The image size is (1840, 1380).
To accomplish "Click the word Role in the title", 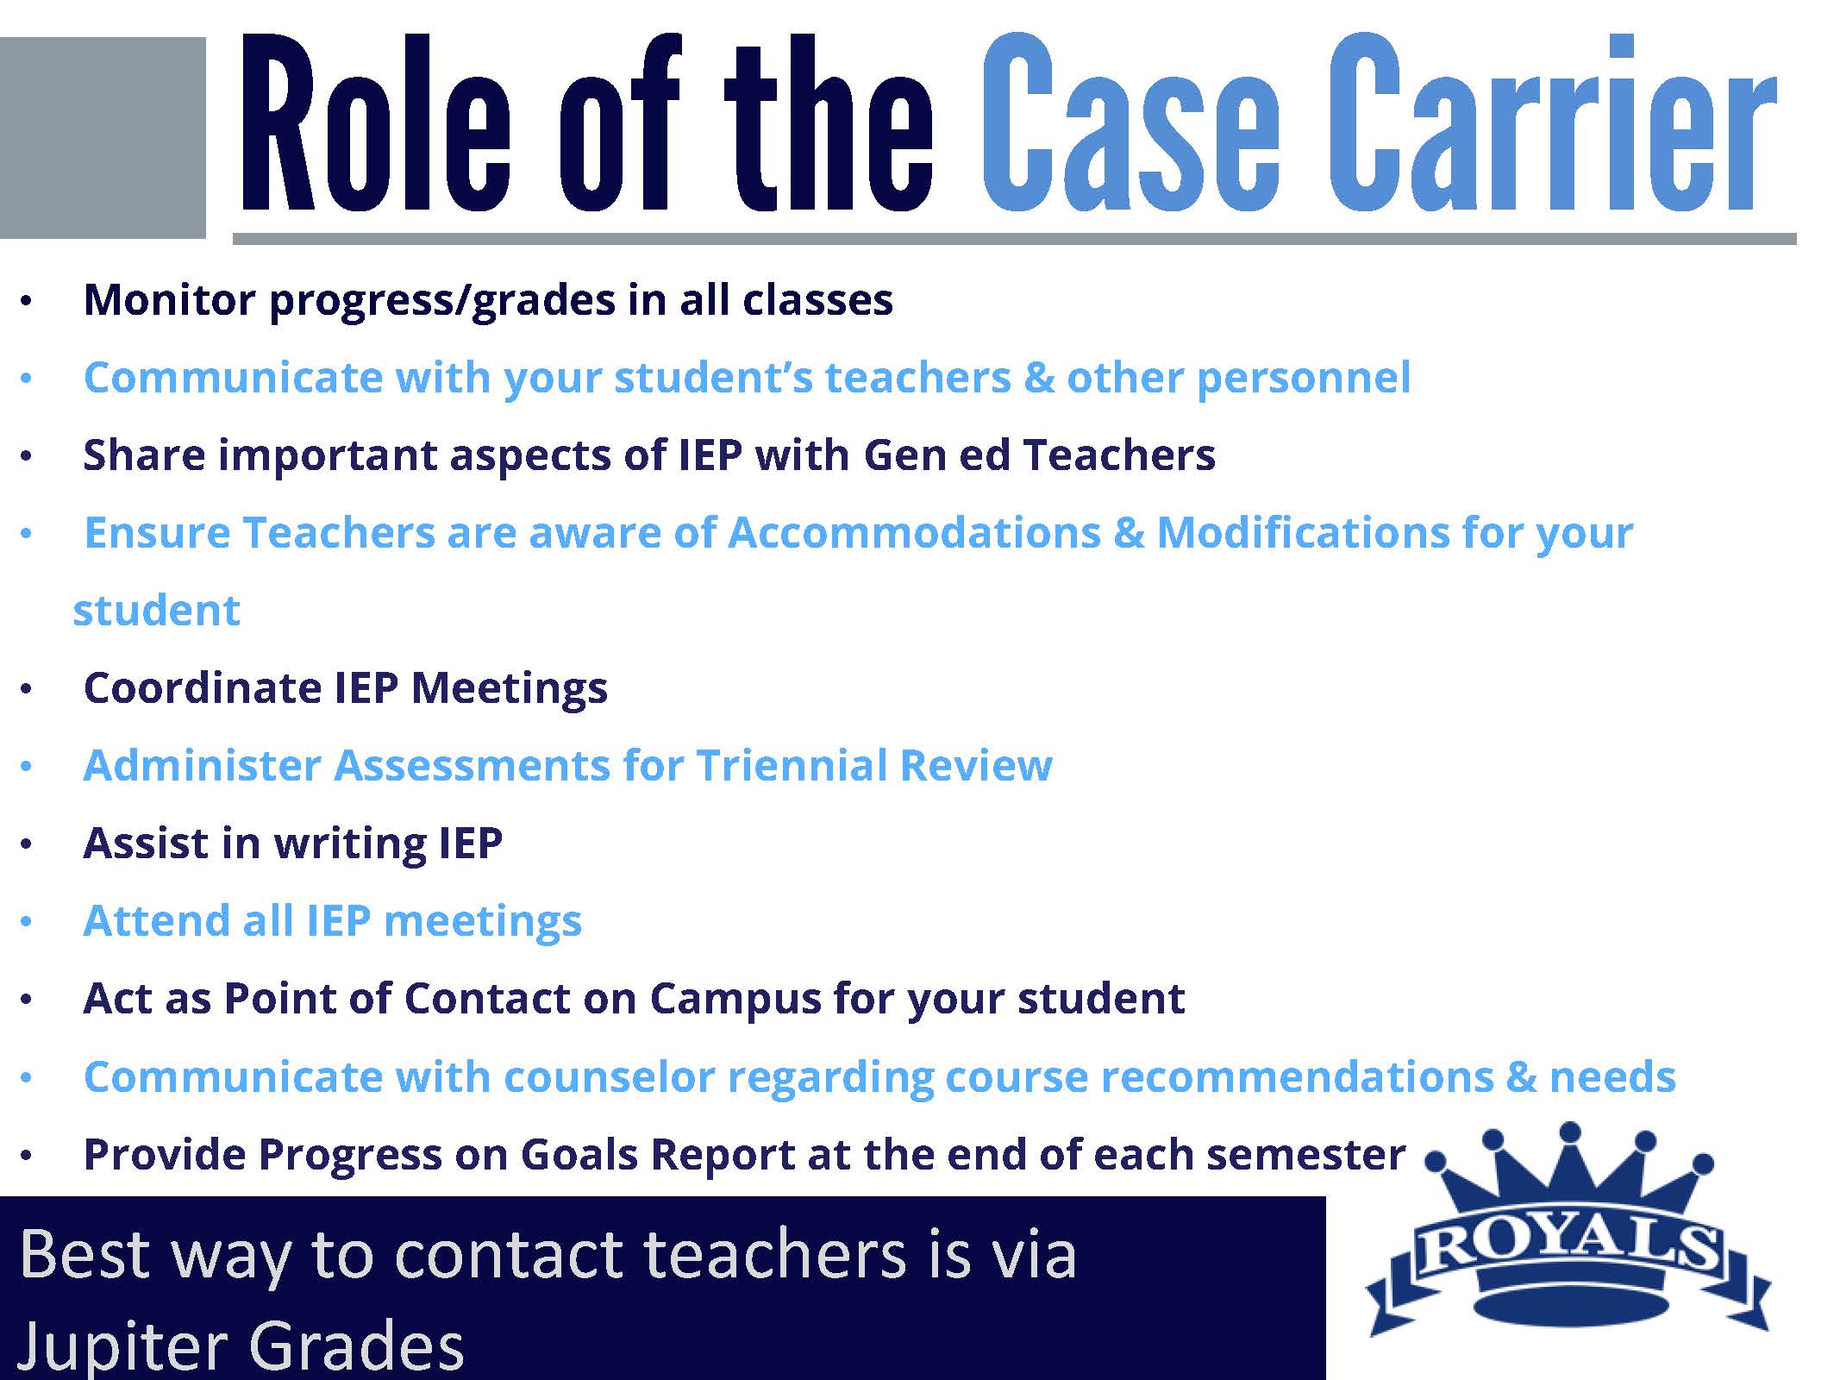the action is tap(376, 122).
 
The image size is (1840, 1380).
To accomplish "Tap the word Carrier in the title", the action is tap(1552, 122).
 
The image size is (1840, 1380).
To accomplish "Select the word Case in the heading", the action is tap(1130, 122).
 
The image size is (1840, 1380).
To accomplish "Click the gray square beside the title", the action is tap(103, 137).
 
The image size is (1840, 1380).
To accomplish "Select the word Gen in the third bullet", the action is tap(904, 455).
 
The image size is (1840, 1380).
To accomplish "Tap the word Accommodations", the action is tap(914, 533).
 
